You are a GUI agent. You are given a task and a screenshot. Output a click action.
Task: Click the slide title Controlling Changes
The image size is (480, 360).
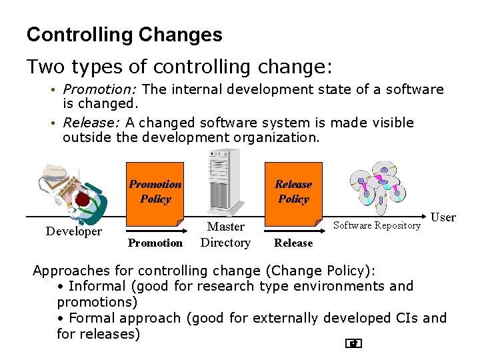(124, 35)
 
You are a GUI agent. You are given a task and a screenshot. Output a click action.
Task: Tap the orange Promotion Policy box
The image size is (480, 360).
(155, 192)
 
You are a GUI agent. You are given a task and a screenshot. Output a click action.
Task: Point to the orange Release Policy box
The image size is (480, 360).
(293, 192)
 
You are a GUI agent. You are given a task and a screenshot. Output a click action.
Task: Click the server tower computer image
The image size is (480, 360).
(225, 180)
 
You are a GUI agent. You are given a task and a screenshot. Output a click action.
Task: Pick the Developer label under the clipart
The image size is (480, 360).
(73, 231)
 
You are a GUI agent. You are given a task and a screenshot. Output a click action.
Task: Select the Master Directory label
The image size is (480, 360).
(225, 235)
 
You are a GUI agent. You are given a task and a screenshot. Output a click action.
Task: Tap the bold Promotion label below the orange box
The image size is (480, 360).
(155, 243)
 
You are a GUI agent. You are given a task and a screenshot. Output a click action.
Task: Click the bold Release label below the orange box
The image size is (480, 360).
(293, 243)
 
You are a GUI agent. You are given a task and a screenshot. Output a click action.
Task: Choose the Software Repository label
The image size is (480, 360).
(377, 225)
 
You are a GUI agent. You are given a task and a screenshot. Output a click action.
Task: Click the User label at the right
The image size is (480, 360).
(443, 217)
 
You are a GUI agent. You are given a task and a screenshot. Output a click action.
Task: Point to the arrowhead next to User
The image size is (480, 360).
(425, 217)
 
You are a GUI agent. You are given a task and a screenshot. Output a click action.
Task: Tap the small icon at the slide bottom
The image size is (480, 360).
(354, 344)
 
